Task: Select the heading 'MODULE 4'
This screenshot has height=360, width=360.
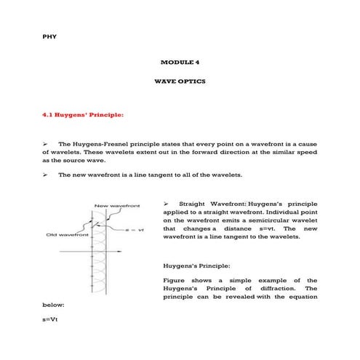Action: pyautogui.click(x=180, y=63)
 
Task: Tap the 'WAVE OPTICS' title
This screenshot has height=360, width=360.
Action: pyautogui.click(x=180, y=81)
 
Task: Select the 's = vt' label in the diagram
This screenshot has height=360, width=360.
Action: pyautogui.click(x=135, y=229)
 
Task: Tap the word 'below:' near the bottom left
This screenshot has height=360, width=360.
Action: pyautogui.click(x=53, y=305)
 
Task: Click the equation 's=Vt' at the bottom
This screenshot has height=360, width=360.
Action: pyautogui.click(x=49, y=319)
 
